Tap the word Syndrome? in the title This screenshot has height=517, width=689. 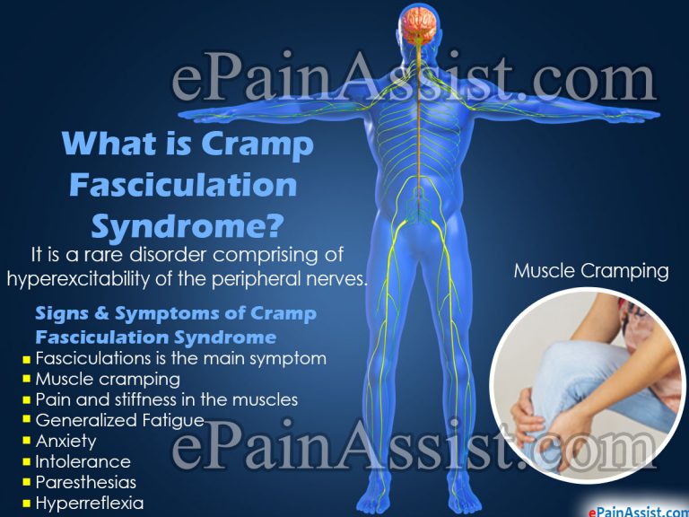[188, 225]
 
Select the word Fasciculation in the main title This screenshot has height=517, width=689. [183, 185]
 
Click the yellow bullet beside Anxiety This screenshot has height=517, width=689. [26, 442]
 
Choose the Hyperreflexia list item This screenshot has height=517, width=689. [89, 503]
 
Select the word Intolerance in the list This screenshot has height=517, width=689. [83, 461]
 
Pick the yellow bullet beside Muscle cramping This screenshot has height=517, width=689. [26, 380]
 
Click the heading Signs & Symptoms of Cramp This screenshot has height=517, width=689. [175, 315]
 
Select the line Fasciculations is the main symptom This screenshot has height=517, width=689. [180, 358]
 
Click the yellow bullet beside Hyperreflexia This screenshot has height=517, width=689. [26, 504]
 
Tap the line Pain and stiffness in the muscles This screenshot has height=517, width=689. [166, 399]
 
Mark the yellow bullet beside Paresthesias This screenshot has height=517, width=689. [26, 483]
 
